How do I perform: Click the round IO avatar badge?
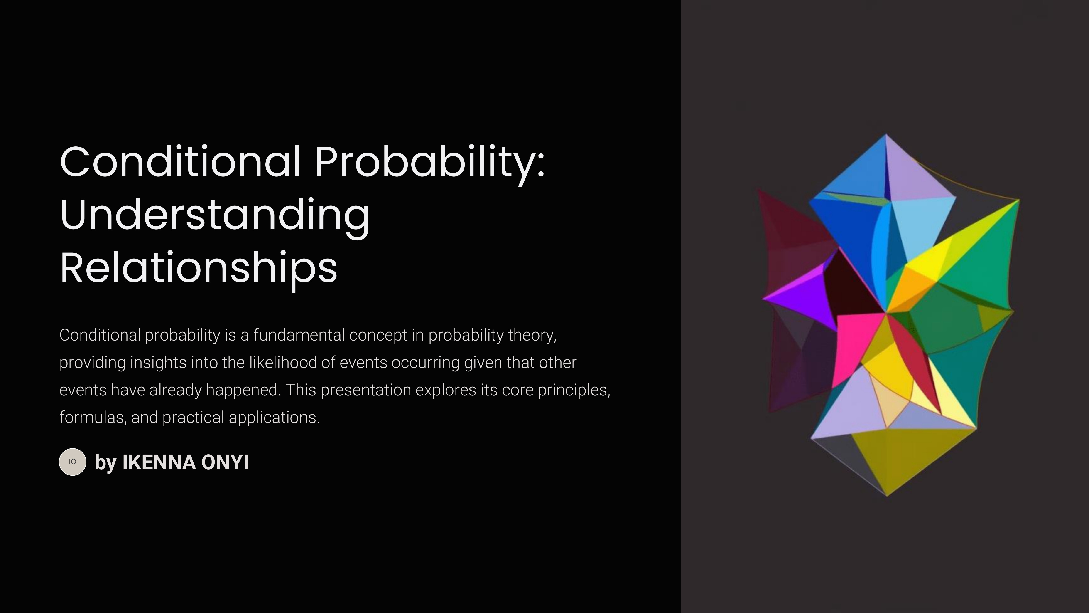73,462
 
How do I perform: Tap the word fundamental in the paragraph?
299,335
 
